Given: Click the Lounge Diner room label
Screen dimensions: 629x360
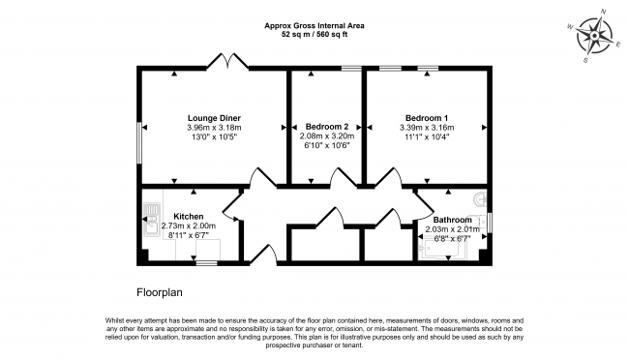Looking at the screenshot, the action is (214, 118).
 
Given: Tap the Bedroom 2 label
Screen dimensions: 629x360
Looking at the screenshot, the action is (327, 127).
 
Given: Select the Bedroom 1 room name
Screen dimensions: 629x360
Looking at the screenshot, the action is (427, 118).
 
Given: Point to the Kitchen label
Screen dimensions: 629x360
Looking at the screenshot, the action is (188, 217).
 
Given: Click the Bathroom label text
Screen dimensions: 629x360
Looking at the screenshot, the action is (453, 220).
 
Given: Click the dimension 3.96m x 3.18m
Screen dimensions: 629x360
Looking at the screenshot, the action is (214, 128).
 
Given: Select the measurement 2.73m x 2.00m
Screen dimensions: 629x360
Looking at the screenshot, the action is (189, 225).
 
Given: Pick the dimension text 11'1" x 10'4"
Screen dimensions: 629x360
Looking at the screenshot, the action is (427, 136).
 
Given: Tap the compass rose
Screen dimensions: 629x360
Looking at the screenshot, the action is (594, 37).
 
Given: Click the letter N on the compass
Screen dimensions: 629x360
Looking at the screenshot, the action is (603, 12).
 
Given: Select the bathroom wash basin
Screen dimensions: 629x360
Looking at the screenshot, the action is (480, 198).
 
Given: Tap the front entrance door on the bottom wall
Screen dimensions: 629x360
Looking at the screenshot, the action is (263, 255).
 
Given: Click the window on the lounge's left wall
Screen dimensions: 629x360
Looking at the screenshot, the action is (139, 143).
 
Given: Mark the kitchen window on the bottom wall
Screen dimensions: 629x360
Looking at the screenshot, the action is (206, 263).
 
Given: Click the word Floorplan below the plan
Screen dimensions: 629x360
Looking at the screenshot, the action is (160, 292).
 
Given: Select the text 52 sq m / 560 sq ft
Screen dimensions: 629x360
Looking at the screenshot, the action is (314, 35).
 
